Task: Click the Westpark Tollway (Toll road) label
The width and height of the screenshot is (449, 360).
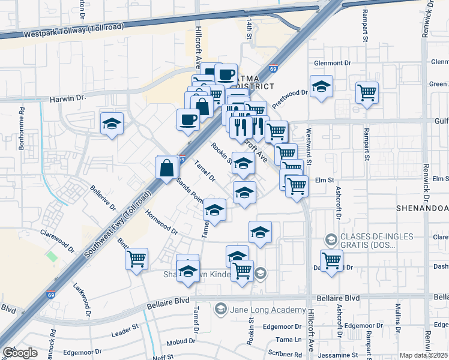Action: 74,30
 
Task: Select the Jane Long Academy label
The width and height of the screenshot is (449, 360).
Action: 267,309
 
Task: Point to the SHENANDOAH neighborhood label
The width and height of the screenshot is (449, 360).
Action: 422,208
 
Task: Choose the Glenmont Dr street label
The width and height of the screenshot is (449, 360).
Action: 332,63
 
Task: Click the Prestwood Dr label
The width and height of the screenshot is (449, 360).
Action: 289,93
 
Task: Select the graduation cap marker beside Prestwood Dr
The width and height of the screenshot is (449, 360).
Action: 321,87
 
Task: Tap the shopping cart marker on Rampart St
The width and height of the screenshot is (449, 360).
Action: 367,93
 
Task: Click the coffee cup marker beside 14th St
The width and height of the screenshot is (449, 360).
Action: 226,74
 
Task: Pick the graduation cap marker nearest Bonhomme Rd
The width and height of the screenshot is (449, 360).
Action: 112,124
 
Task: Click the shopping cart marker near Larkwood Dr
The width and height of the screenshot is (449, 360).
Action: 137,259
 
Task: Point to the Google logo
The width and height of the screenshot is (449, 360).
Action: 19,353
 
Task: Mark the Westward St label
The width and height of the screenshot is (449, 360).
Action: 309,146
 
